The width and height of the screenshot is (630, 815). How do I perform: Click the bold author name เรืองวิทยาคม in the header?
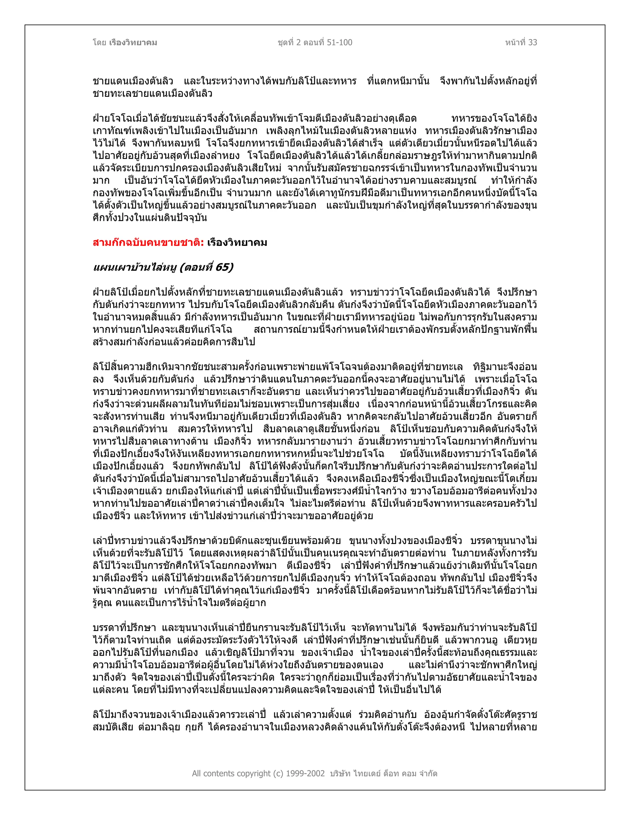coord(133,42)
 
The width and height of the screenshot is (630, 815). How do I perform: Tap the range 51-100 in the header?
coord(339,42)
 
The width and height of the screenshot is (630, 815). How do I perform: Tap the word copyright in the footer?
coord(254,773)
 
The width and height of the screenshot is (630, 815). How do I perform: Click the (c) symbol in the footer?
coord(279,773)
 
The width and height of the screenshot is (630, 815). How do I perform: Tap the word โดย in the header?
coord(100,42)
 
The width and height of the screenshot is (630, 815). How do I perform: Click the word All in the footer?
coord(197,773)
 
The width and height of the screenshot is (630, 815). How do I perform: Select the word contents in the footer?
coord(219,773)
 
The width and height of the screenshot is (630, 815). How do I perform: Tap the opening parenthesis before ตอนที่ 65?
coord(182,268)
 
